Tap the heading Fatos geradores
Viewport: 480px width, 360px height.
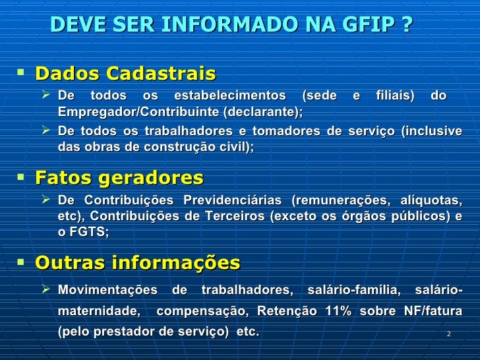coord(119,177)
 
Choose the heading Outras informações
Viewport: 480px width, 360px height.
coord(137,263)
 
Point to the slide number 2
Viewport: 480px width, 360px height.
coord(448,334)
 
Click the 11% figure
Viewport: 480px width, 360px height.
coord(339,311)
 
